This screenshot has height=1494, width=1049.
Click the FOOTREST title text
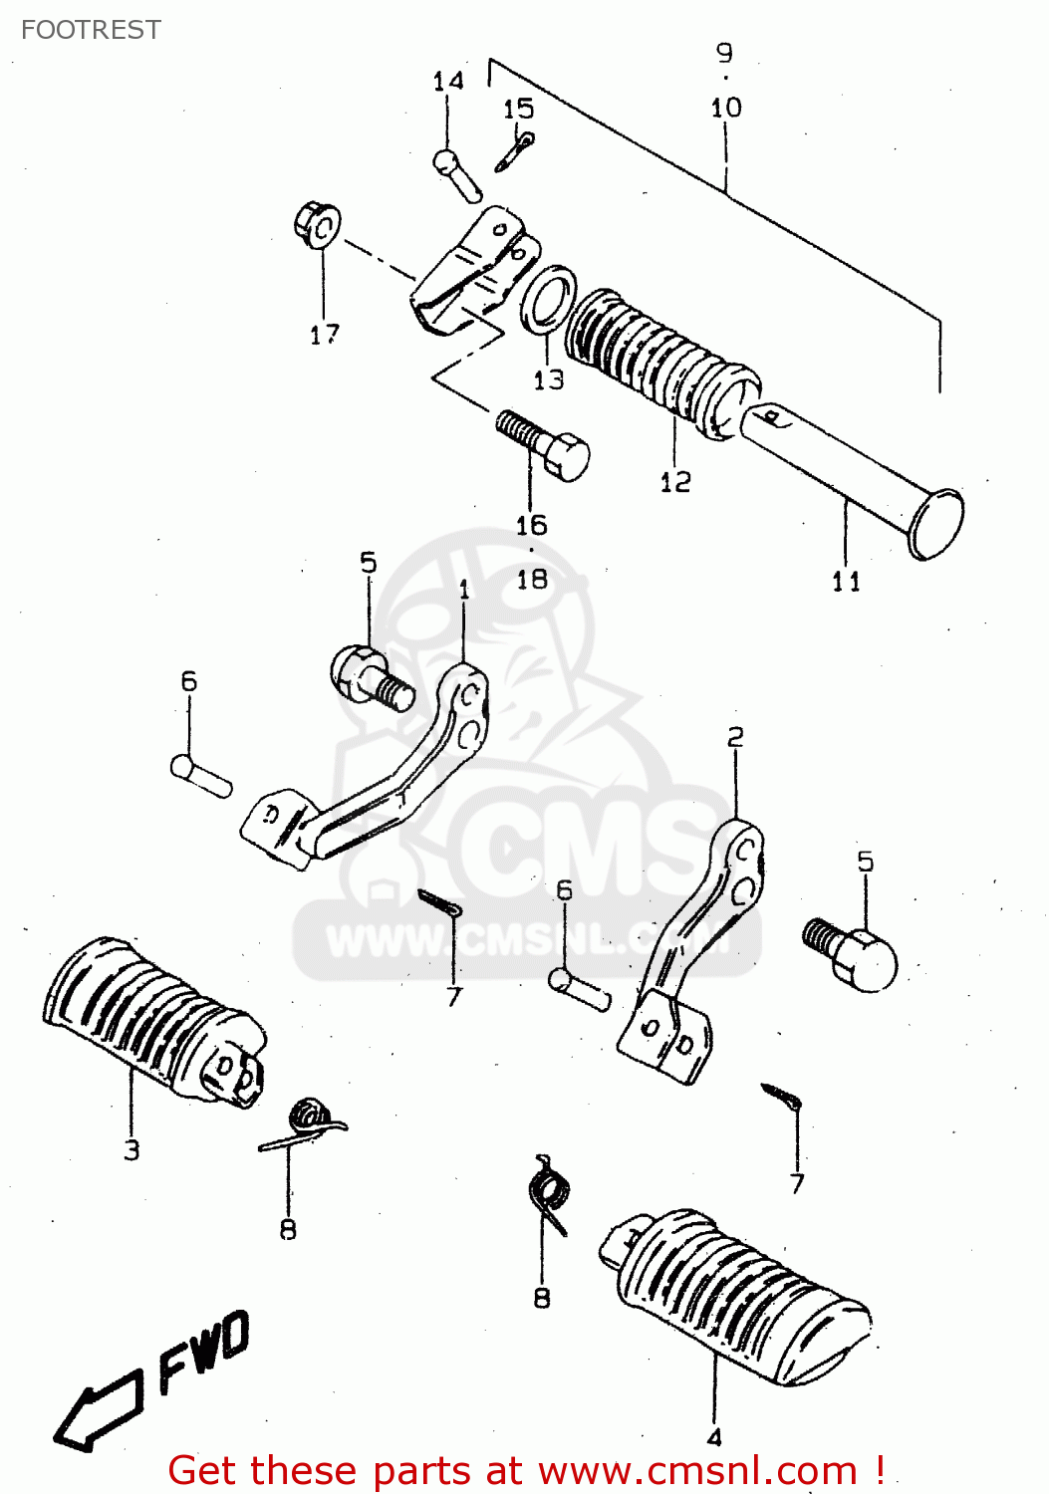pyautogui.click(x=91, y=30)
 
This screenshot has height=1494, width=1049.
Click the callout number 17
pyautogui.click(x=324, y=335)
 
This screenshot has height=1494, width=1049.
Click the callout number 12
pyautogui.click(x=674, y=482)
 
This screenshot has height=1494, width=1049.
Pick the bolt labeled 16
pyautogui.click(x=544, y=444)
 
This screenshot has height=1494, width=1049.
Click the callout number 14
pyautogui.click(x=448, y=81)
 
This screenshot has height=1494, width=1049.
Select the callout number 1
pyautogui.click(x=464, y=590)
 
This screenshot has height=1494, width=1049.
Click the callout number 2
pyautogui.click(x=735, y=737)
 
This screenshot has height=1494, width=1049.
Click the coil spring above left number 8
pyautogui.click(x=307, y=1123)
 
